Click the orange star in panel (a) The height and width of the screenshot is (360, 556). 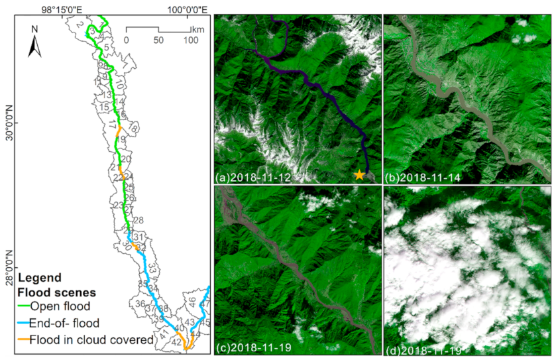pos(359,174)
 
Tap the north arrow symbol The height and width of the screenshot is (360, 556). pos(35,46)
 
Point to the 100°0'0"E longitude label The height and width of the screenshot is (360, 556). pos(185,9)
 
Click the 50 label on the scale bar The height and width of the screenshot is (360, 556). pos(158,40)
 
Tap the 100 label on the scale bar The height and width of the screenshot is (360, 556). pos(190,40)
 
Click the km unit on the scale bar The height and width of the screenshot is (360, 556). pos(197,30)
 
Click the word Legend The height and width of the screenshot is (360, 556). pos(40,276)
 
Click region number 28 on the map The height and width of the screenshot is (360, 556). pos(138,220)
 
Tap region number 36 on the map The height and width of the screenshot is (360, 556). pos(140,304)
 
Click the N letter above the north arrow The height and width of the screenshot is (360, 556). pos(35,29)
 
